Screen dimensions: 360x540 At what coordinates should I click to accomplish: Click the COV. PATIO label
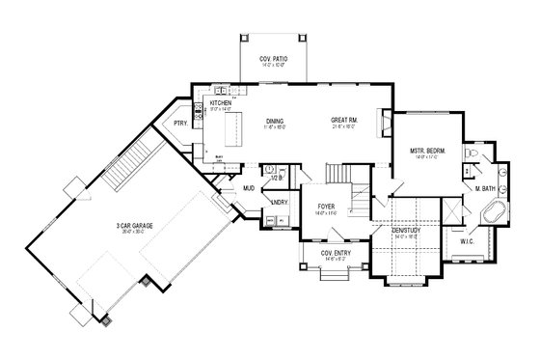pos(269,60)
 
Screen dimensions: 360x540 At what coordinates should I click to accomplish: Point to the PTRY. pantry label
pos(180,123)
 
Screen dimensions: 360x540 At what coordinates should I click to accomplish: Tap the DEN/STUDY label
pos(405,231)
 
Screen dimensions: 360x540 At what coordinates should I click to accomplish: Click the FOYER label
pos(326,206)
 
